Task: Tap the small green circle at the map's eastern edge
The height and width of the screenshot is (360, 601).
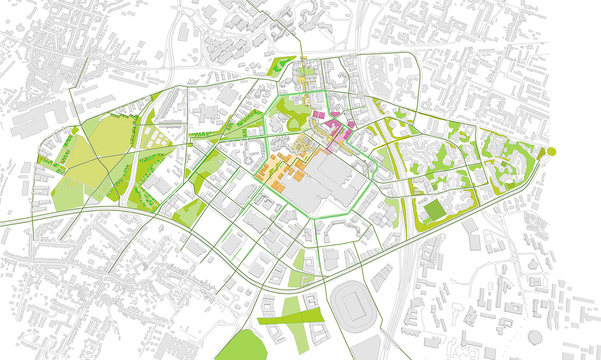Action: (551, 151)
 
